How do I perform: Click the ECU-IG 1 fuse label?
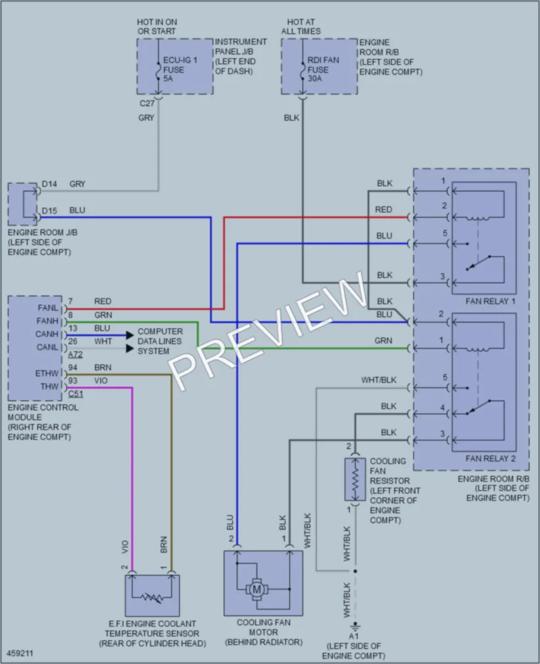(x=180, y=69)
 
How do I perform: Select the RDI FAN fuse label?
(x=323, y=69)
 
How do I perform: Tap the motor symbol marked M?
(x=257, y=589)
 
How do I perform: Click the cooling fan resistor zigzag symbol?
(x=355, y=479)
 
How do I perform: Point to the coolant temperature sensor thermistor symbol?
(x=152, y=598)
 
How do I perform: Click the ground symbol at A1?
(x=355, y=626)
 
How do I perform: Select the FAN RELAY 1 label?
(x=490, y=302)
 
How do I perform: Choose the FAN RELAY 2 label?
(x=490, y=459)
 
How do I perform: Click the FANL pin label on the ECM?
(x=48, y=308)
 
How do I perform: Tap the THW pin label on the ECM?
(x=50, y=387)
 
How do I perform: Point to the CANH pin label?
(x=47, y=334)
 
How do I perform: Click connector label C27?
(x=147, y=104)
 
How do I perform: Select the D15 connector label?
(x=49, y=211)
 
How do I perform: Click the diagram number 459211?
(x=20, y=654)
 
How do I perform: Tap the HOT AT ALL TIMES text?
(x=301, y=26)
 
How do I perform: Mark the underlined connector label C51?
(x=76, y=394)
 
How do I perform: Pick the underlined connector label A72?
(x=75, y=355)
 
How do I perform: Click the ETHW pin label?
(x=47, y=374)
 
